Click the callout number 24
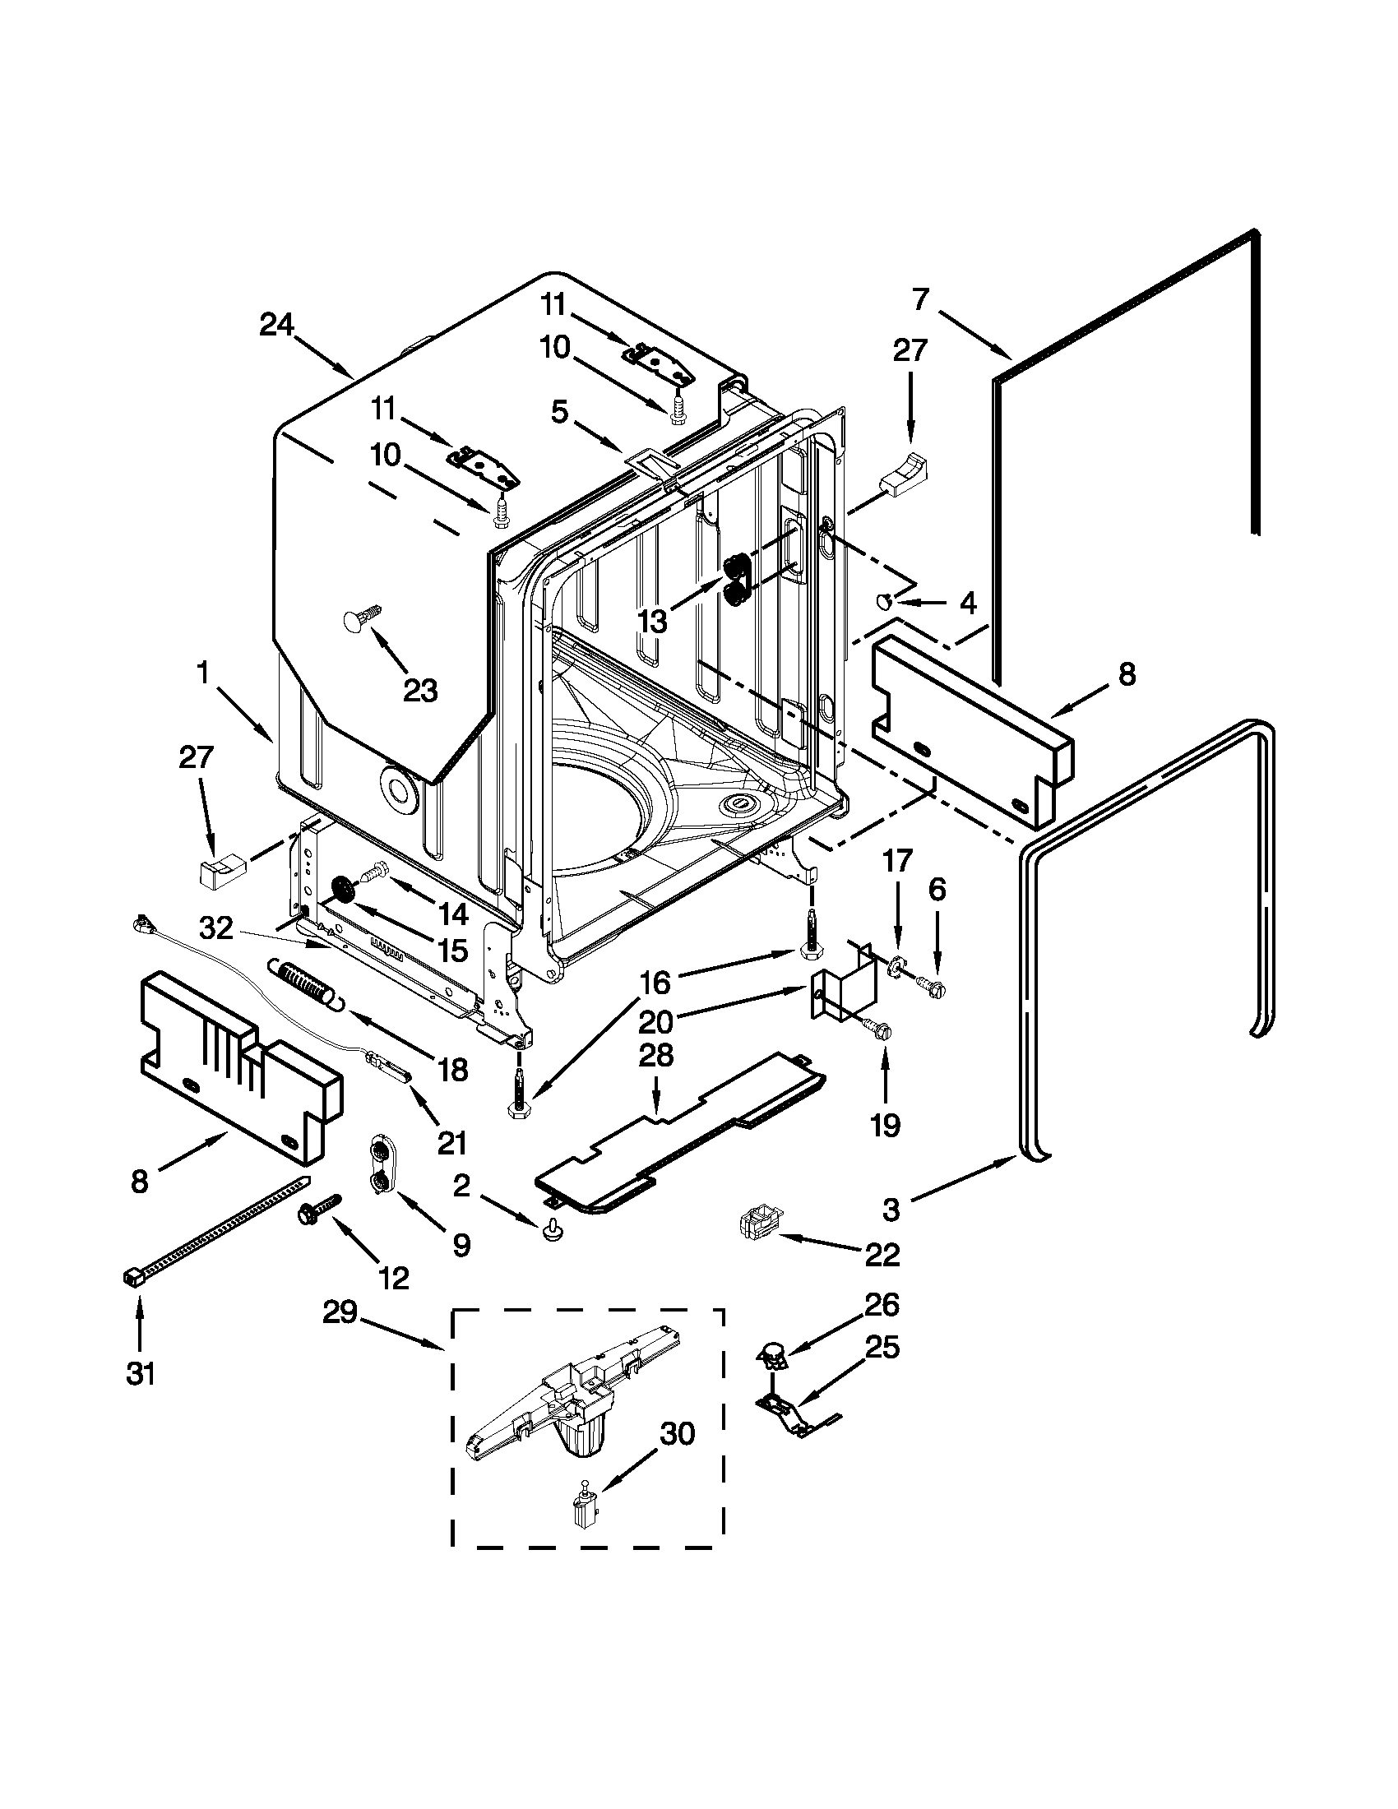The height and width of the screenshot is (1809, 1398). [x=276, y=326]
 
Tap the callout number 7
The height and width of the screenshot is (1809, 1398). [x=920, y=300]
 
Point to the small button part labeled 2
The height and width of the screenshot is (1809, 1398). [x=549, y=1233]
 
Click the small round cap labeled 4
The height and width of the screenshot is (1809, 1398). [x=885, y=601]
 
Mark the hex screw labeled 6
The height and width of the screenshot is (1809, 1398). [x=930, y=987]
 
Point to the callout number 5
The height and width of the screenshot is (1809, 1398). [x=560, y=413]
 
